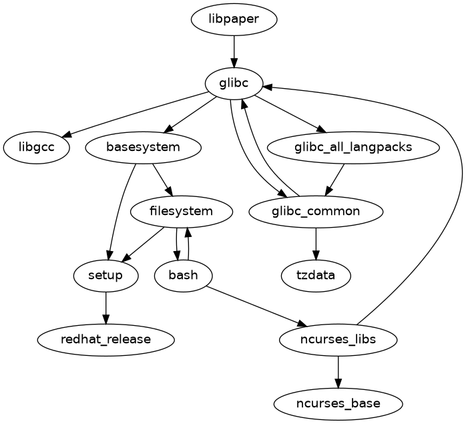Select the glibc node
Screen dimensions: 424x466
point(234,83)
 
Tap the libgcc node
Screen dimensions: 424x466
point(36,148)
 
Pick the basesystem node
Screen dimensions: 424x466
point(144,148)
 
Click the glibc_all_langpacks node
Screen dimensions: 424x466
point(353,148)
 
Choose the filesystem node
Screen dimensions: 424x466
point(182,212)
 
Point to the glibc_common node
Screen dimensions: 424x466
point(315,212)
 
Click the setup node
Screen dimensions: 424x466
point(105,276)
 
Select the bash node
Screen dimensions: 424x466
point(183,276)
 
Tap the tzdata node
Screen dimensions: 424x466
point(315,276)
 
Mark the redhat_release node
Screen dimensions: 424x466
point(105,340)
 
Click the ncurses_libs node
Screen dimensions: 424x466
point(338,340)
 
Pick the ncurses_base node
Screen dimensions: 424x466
point(338,404)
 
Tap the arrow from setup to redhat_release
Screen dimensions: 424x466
point(105,308)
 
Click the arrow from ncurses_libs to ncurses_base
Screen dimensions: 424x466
point(338,372)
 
